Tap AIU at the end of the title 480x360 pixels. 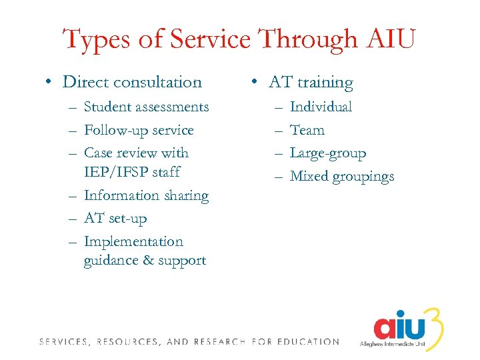[x=389, y=39]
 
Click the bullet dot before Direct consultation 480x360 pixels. [x=49, y=83]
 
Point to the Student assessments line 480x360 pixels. [x=146, y=107]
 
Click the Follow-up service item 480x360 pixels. [x=139, y=130]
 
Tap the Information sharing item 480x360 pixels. [x=146, y=195]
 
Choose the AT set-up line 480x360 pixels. [x=115, y=218]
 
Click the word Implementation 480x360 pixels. [x=133, y=241]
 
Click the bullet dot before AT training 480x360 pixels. [x=255, y=83]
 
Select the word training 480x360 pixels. [x=325, y=83]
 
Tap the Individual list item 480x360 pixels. [x=321, y=107]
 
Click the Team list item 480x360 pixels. [x=307, y=130]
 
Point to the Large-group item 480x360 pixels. [x=328, y=153]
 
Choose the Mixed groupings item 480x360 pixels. [x=342, y=177]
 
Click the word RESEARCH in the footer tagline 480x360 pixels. [x=219, y=342]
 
